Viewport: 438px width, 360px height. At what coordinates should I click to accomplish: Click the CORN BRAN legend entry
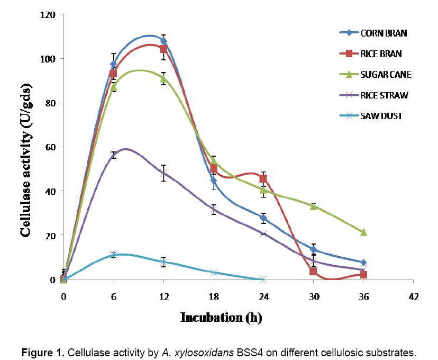(384, 33)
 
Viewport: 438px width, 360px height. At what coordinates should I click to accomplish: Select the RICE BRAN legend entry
(381, 53)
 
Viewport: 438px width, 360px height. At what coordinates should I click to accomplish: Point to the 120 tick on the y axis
(49, 15)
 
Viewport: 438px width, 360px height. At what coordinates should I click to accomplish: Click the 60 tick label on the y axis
(51, 147)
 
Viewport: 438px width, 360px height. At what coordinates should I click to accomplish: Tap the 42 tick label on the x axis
(414, 296)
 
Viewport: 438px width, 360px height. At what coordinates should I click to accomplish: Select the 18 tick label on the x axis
(213, 296)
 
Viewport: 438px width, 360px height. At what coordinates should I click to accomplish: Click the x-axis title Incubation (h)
(221, 318)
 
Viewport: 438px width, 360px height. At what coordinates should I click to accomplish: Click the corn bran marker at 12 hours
(163, 41)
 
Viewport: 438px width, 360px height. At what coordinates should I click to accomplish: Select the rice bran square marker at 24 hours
(263, 178)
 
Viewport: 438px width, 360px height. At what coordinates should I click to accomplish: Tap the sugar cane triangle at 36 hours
(363, 232)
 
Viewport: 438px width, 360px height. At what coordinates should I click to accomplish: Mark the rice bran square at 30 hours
(313, 271)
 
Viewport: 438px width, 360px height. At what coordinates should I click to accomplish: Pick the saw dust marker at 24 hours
(263, 279)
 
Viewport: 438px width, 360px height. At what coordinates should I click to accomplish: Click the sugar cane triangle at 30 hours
(313, 206)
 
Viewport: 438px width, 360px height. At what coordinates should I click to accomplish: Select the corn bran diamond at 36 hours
(363, 262)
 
